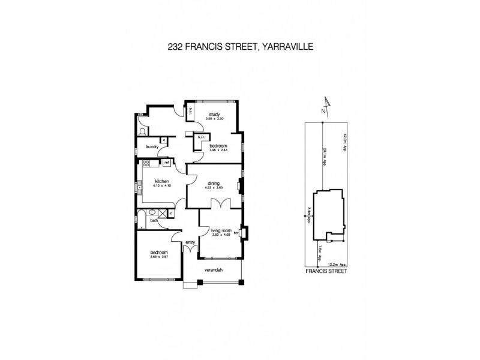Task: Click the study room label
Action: [x=214, y=114]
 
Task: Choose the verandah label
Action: [x=214, y=271]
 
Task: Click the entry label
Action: [x=191, y=242]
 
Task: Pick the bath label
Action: [x=154, y=221]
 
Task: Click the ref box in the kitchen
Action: [x=166, y=162]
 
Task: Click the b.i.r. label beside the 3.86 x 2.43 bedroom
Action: [x=201, y=137]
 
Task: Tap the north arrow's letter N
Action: [x=323, y=110]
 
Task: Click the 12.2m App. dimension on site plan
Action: [x=337, y=263]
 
